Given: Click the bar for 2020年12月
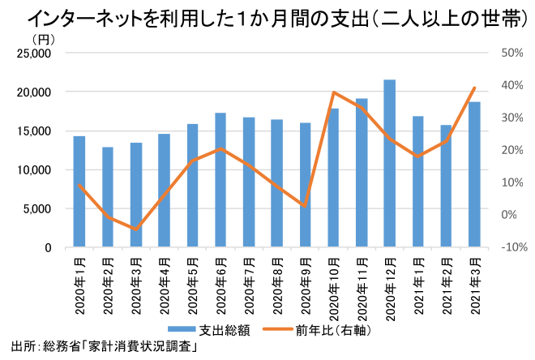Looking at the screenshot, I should [x=389, y=164].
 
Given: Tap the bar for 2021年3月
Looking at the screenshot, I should [x=474, y=175].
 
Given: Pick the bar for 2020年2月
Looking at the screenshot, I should [x=108, y=198].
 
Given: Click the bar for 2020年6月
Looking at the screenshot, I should [x=220, y=180].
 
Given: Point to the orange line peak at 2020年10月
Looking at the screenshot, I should [x=333, y=93].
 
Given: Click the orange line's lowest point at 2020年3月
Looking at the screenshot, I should [x=136, y=229].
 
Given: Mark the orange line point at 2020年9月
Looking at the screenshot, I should [x=305, y=206].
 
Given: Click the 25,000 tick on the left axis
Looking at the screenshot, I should [x=35, y=54].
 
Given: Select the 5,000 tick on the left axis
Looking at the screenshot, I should [x=37, y=208].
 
